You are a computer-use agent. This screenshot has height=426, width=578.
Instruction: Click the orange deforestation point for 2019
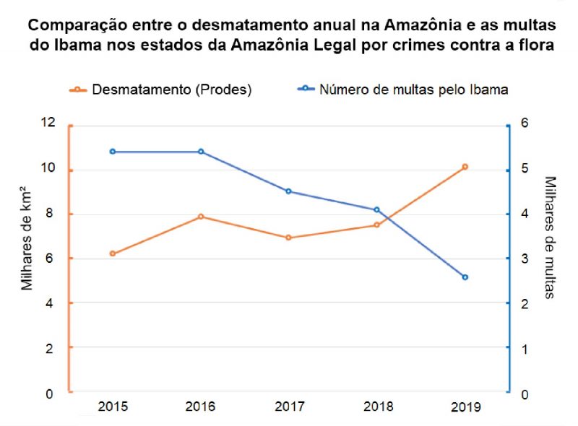(465, 167)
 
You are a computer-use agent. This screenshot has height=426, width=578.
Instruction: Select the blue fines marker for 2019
(465, 277)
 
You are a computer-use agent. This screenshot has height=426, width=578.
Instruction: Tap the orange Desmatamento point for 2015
(113, 253)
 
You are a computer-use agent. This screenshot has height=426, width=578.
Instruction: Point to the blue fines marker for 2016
(201, 152)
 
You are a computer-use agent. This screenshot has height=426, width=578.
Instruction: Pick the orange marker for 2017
(289, 238)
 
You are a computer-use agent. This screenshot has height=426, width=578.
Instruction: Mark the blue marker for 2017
(289, 191)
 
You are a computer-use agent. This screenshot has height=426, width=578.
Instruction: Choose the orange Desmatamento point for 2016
(201, 217)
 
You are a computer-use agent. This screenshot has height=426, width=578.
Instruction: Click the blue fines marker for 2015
(113, 152)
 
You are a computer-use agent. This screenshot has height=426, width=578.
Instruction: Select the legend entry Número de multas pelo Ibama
(404, 90)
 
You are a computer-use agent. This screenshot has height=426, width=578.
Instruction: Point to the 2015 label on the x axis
(113, 407)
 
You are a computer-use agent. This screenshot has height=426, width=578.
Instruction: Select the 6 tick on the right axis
(525, 123)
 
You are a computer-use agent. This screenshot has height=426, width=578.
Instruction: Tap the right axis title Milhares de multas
(551, 237)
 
